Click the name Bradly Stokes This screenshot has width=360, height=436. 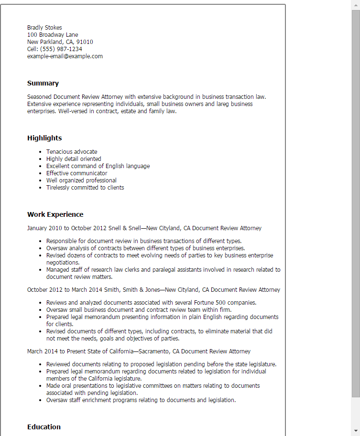coord(44,28)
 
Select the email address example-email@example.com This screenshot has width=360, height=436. coord(65,56)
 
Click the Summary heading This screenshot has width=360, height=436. coord(43,83)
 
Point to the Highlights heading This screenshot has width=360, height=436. coord(44,138)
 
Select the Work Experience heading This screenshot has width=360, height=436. coord(55,214)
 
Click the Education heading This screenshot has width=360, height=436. coord(44,427)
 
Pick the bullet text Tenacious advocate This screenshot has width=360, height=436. coord(72,152)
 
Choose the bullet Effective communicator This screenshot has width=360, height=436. coord(76,173)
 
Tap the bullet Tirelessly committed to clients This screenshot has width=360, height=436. coord(85,188)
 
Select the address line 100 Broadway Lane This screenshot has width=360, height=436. coord(53,35)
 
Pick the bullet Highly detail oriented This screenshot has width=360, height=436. coord(74,159)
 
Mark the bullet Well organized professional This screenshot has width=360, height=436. coord(81,181)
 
